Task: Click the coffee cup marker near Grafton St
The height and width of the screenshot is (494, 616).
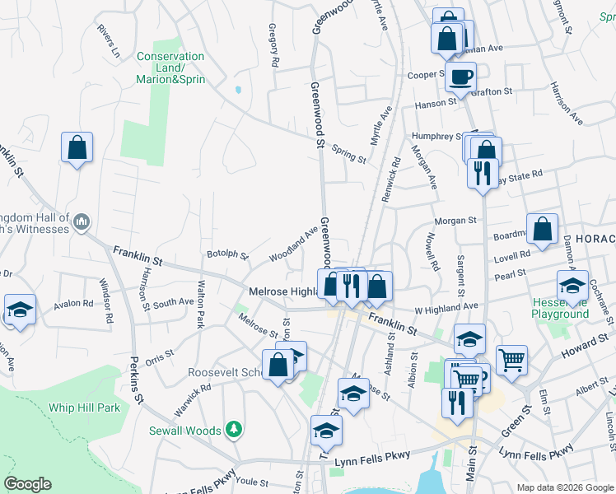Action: [x=461, y=77]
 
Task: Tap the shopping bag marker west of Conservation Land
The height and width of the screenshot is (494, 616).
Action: [x=77, y=148]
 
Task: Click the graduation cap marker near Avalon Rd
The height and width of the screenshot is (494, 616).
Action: [x=20, y=310]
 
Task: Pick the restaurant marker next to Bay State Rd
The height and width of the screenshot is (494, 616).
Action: [x=480, y=173]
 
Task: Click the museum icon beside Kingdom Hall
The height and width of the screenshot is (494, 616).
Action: [x=82, y=221]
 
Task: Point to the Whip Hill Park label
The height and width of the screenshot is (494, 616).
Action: [x=83, y=408]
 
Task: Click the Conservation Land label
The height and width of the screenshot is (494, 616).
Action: [x=170, y=68]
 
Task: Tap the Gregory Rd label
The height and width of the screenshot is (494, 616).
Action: [x=274, y=45]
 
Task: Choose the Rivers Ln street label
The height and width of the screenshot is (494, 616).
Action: [x=108, y=41]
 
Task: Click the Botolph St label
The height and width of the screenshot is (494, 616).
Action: [x=227, y=255]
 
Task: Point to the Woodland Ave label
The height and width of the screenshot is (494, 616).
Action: [x=293, y=245]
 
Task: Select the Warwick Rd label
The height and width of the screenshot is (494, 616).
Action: [x=193, y=398]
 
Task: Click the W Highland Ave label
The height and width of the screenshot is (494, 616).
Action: [x=446, y=308]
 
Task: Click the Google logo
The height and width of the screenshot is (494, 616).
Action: [x=27, y=484]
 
